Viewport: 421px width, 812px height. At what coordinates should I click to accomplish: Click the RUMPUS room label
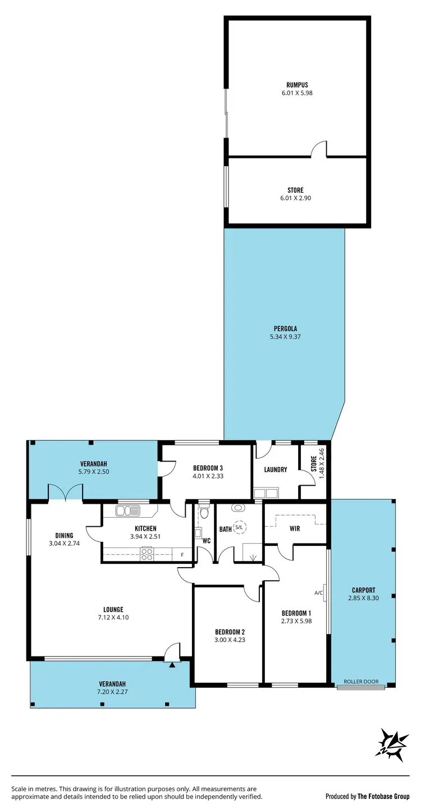tap(297, 85)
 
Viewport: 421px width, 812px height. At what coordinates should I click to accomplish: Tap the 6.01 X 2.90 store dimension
tap(295, 199)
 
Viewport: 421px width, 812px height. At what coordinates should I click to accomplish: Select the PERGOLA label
tap(285, 329)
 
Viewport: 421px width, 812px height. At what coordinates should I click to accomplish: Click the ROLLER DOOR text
tap(360, 682)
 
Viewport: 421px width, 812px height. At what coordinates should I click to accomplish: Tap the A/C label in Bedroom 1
tap(318, 592)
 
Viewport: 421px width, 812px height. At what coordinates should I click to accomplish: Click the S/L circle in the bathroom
tap(240, 527)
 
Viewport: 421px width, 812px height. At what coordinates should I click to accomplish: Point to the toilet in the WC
tap(204, 512)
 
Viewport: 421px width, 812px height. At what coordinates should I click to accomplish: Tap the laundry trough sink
tap(266, 494)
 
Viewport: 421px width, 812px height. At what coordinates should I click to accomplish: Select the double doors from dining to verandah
tap(66, 493)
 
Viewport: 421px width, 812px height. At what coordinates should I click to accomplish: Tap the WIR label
tap(295, 528)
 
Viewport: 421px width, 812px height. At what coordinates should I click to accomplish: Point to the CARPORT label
tap(363, 590)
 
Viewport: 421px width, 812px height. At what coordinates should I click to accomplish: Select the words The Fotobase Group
tap(384, 796)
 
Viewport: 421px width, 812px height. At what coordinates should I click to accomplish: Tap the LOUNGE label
tap(113, 609)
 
